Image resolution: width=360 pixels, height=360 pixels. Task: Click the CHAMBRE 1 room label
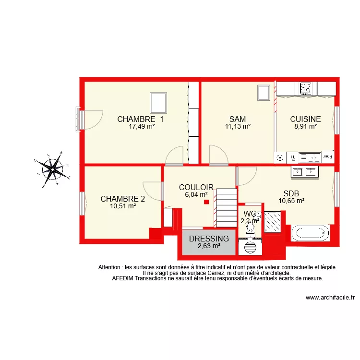coord(140,120)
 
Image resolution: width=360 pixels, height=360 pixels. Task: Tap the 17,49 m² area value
coord(142,127)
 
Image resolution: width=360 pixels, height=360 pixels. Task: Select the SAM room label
coord(238,120)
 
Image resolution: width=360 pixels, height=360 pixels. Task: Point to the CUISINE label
coord(305,120)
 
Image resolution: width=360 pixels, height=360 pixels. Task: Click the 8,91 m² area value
coord(305,127)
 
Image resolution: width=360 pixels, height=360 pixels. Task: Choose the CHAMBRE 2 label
coord(122,199)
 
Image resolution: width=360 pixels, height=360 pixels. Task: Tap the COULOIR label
coord(196,188)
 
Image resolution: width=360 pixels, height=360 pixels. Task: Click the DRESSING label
coord(209,239)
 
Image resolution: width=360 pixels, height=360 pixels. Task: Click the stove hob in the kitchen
coord(306,88)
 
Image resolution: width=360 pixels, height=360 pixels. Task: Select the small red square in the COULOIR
coord(206,203)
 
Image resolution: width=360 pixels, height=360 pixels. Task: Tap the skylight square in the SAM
coord(263,93)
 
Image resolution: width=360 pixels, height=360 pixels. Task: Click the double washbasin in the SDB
coord(304,171)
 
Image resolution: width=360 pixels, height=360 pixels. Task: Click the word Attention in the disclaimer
coord(110,267)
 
